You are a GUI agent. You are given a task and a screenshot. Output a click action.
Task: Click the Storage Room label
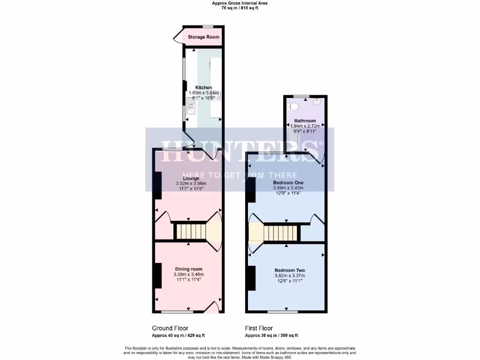click(x=203, y=37)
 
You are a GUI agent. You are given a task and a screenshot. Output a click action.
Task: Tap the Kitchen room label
click(x=203, y=88)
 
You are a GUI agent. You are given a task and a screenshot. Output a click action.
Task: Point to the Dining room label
click(x=188, y=269)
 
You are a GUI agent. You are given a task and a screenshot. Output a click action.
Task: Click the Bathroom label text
click(x=305, y=121)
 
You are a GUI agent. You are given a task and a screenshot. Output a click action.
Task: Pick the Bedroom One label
click(x=289, y=182)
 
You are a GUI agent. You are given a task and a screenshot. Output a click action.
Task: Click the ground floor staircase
click(x=191, y=231)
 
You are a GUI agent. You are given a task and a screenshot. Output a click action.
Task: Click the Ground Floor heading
click(x=170, y=328)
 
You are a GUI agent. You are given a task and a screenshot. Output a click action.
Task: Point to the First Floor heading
click(x=259, y=328)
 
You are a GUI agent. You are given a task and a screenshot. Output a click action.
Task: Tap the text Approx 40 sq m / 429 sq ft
click(x=178, y=336)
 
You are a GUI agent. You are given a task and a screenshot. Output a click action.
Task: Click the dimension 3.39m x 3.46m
click(x=188, y=274)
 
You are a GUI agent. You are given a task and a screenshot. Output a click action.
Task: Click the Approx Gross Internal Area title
click(x=240, y=3)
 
